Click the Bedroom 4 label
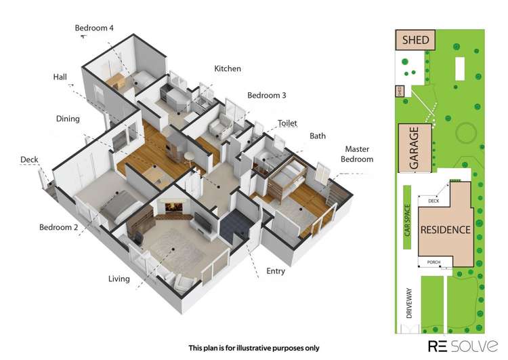94,28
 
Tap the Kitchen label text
228,68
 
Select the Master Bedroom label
357,154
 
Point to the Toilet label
287,123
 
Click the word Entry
276,271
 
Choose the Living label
119,279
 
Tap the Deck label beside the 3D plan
29,159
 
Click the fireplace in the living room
174,207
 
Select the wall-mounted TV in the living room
203,222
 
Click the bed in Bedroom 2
121,206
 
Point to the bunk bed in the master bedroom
287,179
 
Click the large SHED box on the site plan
415,40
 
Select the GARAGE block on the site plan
415,148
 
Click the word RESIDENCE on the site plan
446,230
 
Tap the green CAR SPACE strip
407,217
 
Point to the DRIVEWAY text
409,303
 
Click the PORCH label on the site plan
433,262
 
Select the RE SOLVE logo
463,346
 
